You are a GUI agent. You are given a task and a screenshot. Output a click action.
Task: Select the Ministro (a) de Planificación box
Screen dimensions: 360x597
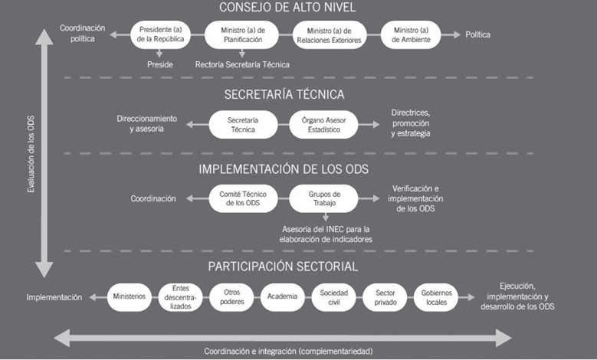click(x=244, y=34)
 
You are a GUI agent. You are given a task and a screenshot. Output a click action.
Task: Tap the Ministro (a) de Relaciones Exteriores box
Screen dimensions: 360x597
click(x=330, y=34)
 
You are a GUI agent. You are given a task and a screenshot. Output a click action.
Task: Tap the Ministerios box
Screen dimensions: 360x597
click(x=129, y=296)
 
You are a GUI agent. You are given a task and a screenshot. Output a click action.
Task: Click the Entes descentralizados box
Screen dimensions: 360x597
click(x=180, y=296)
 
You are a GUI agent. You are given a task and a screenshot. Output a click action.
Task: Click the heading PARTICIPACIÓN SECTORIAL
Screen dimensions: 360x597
click(x=282, y=267)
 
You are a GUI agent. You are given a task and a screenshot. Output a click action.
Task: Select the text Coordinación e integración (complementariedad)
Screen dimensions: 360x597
click(x=287, y=351)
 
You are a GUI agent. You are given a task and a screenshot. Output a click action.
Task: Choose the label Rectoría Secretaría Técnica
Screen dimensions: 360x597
click(x=243, y=65)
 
